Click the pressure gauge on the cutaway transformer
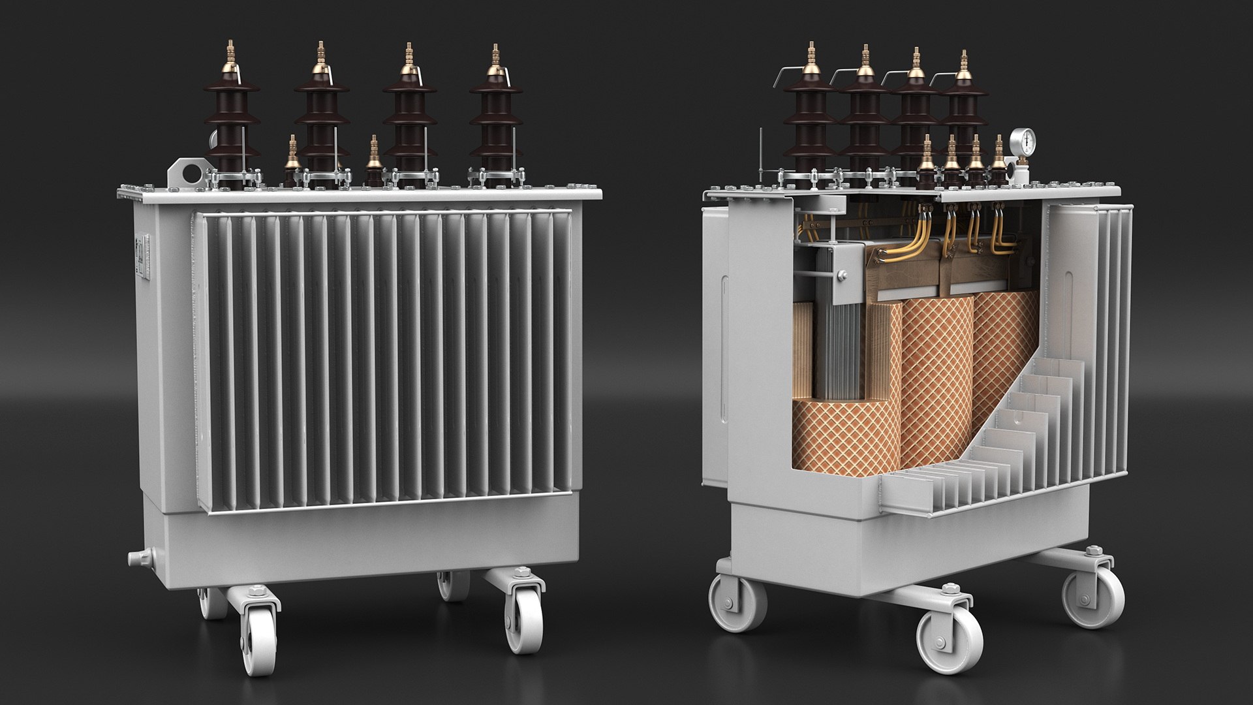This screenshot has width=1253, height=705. coord(1021,142)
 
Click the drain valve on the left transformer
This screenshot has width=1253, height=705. coord(136,558)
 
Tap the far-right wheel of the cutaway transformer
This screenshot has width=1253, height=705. coord(1094,597)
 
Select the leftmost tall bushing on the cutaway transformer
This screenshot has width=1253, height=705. coord(809,121)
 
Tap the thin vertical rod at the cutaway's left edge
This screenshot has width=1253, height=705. coord(762,157)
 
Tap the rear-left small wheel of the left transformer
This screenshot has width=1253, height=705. coord(210,604)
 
